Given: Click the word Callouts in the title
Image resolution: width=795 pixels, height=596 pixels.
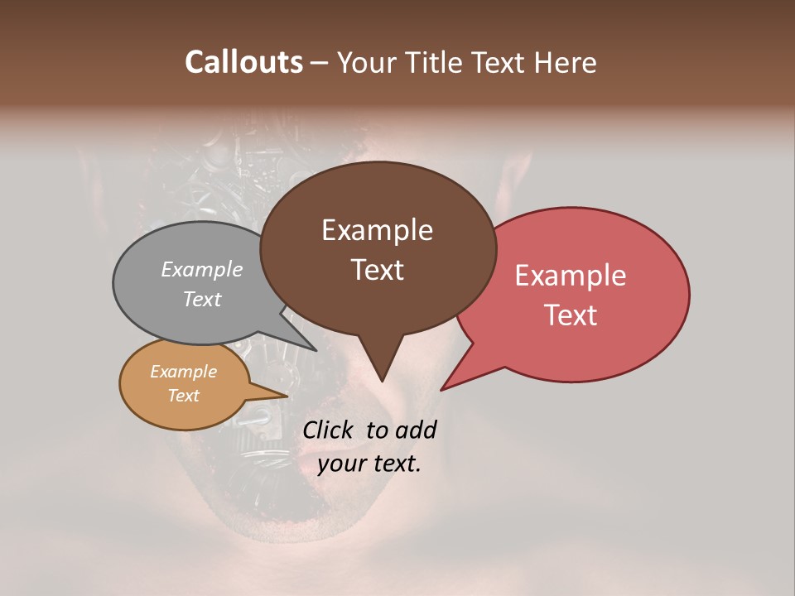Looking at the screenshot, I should [x=243, y=62].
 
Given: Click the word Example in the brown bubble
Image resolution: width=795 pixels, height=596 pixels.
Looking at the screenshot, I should [x=377, y=230].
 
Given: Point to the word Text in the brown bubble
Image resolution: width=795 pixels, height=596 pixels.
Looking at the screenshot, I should [x=377, y=270].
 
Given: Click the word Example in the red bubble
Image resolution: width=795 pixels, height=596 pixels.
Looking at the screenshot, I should [x=571, y=276].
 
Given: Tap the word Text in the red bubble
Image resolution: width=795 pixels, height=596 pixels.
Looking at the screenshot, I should [x=571, y=315].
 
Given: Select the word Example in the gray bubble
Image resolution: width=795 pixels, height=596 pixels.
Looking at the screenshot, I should [x=202, y=270].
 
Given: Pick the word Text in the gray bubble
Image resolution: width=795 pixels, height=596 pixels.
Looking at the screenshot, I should [x=202, y=300].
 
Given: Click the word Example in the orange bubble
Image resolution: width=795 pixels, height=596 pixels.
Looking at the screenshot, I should [x=183, y=372].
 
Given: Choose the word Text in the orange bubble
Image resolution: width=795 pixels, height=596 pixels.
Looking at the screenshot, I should [x=183, y=396].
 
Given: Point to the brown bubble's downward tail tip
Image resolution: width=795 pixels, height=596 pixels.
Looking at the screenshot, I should [x=381, y=381].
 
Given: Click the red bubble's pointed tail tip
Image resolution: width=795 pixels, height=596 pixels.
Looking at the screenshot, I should [x=441, y=389].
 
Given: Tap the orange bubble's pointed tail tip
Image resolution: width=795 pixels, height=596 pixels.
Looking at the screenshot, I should [x=287, y=396].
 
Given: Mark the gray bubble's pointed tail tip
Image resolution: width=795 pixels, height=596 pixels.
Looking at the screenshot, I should [x=316, y=350].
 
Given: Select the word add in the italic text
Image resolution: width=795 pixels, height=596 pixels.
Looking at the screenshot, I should [x=417, y=430].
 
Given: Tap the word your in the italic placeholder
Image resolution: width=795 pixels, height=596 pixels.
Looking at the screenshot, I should [x=341, y=463].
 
